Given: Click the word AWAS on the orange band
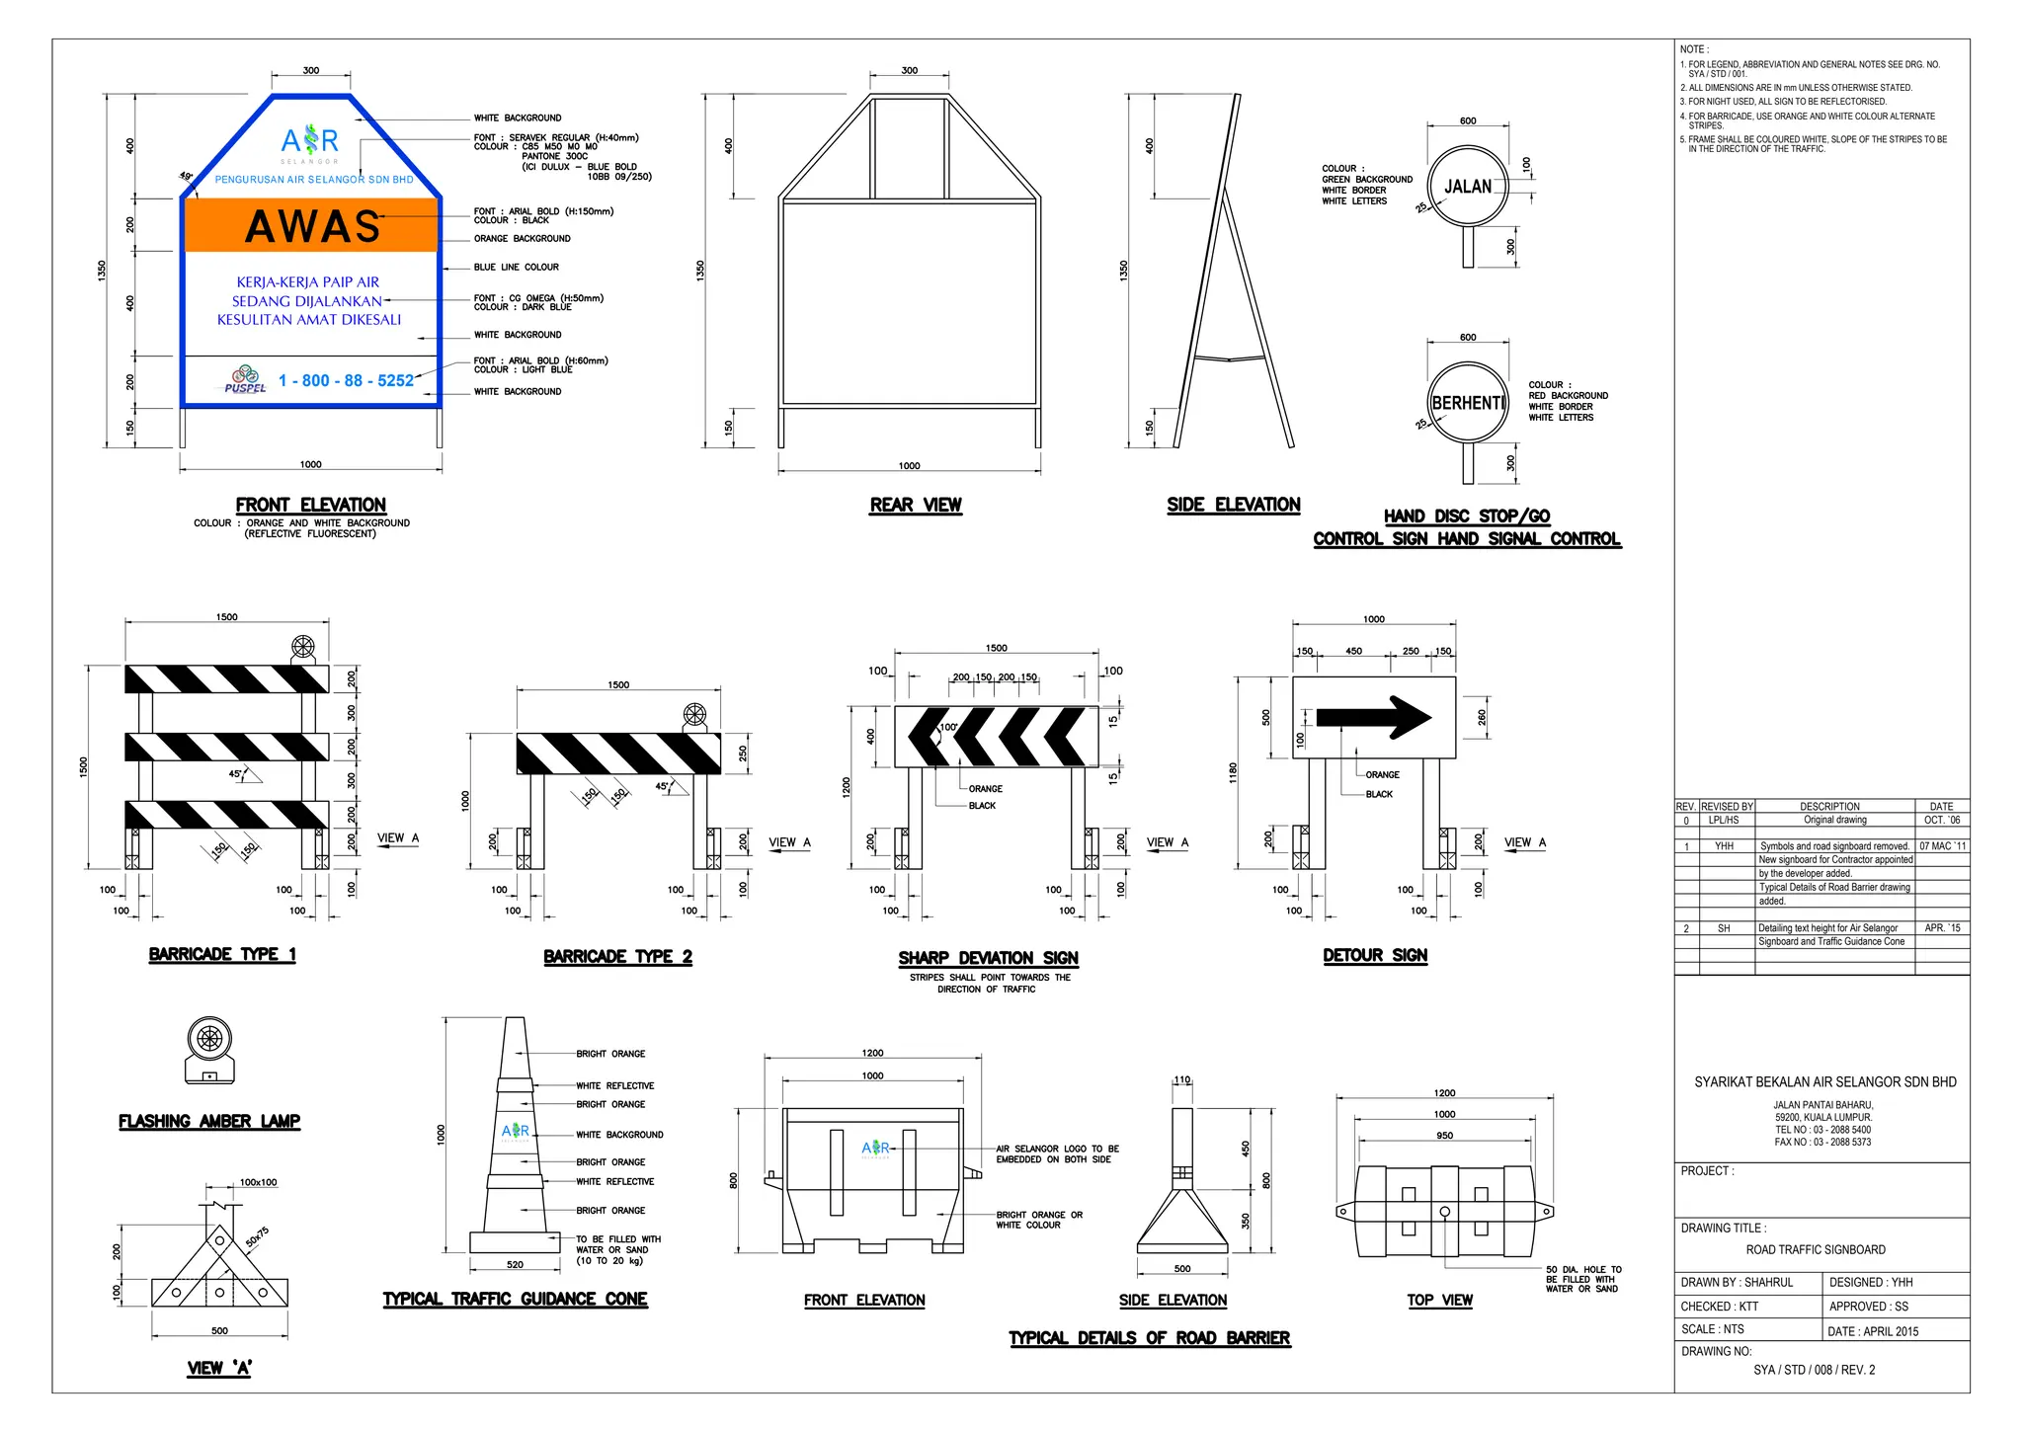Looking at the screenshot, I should coord(312,226).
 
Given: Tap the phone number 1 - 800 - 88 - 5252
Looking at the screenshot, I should coord(346,381).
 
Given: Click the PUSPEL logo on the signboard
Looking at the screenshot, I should coord(245,380).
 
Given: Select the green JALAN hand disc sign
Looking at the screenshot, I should coord(1468,187).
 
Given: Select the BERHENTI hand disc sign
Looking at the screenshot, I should coord(1468,403).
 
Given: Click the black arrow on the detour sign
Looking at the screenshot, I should coord(1373,718).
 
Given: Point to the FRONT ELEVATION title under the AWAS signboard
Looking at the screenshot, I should coord(310,505).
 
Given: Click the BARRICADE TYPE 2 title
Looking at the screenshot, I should coord(617,957).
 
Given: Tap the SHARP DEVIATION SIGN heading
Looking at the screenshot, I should coord(988,958).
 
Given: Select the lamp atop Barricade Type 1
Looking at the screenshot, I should coord(302,649).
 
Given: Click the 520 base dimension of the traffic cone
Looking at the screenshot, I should coord(515,1264).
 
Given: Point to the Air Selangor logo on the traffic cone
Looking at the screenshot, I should coord(516,1131).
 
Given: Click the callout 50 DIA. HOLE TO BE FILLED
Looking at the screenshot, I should coord(1582,1279).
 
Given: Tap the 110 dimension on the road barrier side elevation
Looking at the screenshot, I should coord(1182,1079).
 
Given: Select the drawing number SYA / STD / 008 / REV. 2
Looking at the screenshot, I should coord(1814,1370).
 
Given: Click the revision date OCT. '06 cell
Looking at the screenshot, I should coord(1942,820).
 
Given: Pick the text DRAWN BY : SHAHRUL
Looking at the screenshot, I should coord(1737,1283).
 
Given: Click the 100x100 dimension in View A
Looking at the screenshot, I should coord(258,1182).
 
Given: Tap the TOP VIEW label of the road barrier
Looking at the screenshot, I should coord(1439,1301).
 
